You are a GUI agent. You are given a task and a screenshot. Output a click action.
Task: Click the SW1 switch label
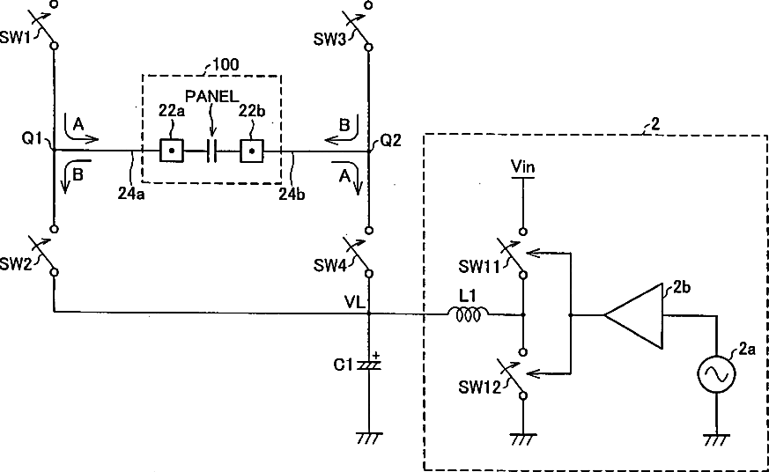click(15, 38)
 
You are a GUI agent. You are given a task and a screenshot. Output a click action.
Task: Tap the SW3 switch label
click(329, 40)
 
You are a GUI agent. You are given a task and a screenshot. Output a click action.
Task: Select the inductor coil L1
click(468, 314)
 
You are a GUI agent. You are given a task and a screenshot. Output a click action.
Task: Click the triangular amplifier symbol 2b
click(633, 315)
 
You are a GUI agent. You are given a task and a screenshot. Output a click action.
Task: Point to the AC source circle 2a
click(716, 374)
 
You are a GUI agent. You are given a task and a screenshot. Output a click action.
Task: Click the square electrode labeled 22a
click(171, 151)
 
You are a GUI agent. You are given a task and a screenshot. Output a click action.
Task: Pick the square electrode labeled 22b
click(252, 151)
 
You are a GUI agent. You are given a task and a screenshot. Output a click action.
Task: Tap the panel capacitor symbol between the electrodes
click(211, 151)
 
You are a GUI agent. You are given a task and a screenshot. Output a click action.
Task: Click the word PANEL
click(212, 97)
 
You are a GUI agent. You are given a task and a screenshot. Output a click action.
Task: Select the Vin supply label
click(523, 166)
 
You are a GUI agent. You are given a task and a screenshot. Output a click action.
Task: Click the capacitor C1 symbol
click(369, 365)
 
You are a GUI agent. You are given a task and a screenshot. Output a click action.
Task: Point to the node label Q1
click(33, 139)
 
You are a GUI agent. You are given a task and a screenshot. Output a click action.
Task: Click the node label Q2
click(391, 141)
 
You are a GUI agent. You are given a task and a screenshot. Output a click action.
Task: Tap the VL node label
click(355, 302)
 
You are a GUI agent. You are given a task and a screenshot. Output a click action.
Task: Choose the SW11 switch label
click(478, 266)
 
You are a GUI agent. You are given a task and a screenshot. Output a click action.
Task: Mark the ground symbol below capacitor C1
click(369, 438)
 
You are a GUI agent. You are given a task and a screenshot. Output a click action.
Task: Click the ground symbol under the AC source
click(716, 439)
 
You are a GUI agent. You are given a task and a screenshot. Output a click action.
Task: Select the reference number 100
click(226, 64)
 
